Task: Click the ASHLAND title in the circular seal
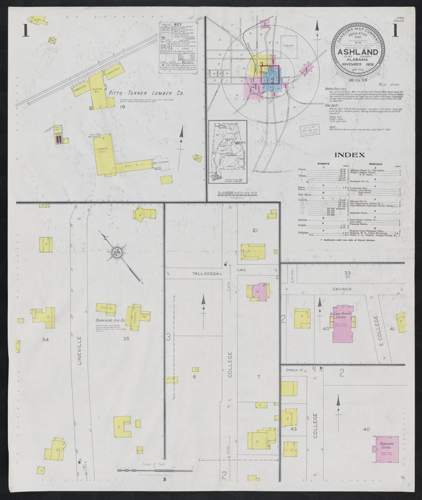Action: point(358,52)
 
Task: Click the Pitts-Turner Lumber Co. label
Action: point(146,94)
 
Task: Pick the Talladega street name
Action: point(204,274)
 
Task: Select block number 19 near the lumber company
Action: point(122,107)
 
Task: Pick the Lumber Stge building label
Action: point(102,151)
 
